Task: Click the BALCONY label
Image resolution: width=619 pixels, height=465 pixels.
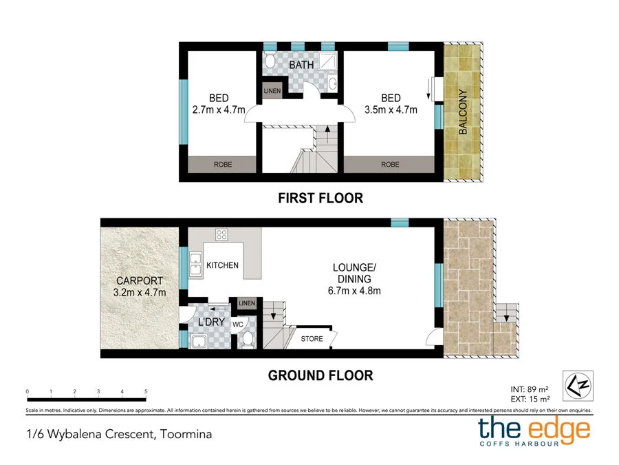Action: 463,112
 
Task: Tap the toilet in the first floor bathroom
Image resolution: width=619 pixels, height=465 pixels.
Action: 270,61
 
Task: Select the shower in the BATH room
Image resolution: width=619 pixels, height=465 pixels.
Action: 327,61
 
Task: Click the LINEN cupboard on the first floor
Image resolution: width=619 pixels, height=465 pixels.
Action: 272,91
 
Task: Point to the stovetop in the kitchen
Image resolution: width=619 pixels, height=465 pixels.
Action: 221,234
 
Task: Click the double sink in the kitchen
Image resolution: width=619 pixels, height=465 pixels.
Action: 196,264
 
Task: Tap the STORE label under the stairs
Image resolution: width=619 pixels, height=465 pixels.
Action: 312,339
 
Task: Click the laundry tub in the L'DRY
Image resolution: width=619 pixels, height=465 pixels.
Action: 199,341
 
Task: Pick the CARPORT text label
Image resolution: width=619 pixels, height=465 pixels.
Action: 140,281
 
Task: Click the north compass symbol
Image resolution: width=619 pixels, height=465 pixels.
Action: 578,386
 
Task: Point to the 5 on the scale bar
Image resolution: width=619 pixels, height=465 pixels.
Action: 146,391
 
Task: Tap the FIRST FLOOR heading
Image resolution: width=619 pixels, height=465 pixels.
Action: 321,198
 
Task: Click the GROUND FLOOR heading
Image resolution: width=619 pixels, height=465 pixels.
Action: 321,375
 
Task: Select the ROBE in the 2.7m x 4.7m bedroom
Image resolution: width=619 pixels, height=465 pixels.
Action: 222,165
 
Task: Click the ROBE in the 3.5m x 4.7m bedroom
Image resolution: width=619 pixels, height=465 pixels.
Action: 389,165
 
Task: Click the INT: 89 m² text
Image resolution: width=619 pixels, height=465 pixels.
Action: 530,389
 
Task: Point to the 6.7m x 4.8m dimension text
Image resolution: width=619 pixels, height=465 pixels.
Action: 354,291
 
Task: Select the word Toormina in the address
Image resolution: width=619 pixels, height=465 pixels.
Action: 186,434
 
